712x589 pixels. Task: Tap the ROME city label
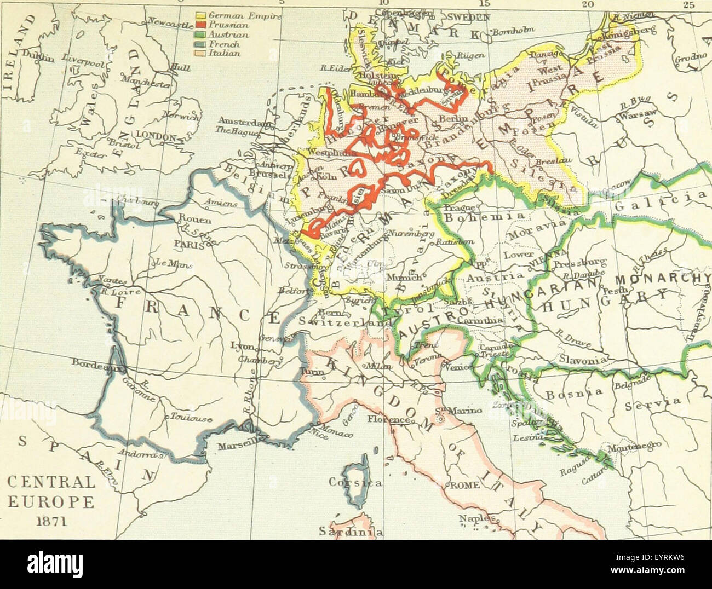pos(465,486)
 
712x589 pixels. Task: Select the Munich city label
pos(404,278)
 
